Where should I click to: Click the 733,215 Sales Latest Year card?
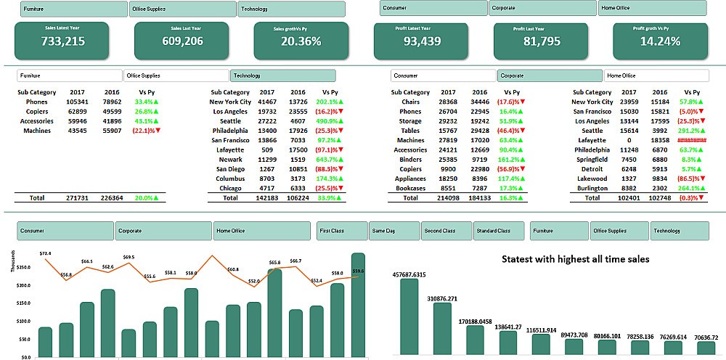pyautogui.click(x=62, y=41)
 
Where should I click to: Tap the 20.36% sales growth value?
pyautogui.click(x=301, y=41)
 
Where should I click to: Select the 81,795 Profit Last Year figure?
pyautogui.click(x=542, y=41)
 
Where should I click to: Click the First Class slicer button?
pyautogui.click(x=342, y=231)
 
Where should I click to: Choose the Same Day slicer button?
pyautogui.click(x=394, y=231)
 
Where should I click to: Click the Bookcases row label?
pyautogui.click(x=410, y=188)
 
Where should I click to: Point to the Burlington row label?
pyautogui.click(x=592, y=188)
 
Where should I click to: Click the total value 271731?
pyautogui.click(x=77, y=197)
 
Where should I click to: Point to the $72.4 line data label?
pyautogui.click(x=45, y=253)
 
